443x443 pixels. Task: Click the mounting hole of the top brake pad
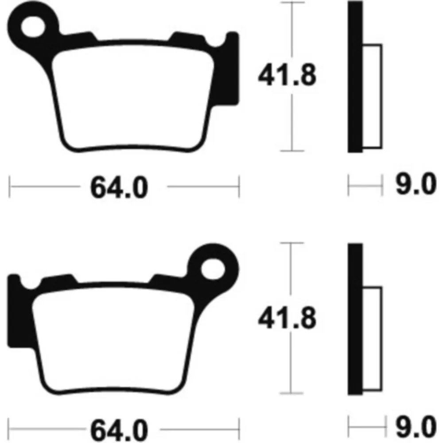click(x=33, y=27)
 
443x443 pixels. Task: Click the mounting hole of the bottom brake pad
click(x=213, y=269)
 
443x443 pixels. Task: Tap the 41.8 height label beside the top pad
click(x=287, y=75)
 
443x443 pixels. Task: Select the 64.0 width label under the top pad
click(x=119, y=187)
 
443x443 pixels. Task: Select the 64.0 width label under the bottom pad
click(x=119, y=431)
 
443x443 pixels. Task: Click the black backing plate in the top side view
click(x=355, y=77)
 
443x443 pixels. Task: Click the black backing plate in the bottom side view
click(x=355, y=319)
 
